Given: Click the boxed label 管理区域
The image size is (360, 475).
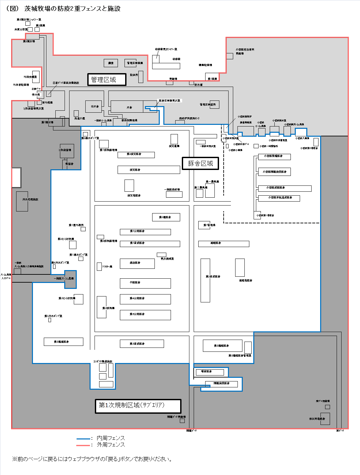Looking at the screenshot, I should (x=107, y=79).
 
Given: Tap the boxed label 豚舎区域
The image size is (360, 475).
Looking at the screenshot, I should (x=200, y=163).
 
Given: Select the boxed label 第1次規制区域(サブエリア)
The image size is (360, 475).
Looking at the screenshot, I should (x=138, y=406).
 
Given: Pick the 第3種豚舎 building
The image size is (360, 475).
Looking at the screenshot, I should (x=166, y=217).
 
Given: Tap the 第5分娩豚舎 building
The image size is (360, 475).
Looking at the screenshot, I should (x=145, y=315).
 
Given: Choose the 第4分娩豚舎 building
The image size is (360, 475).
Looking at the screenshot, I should (x=145, y=299).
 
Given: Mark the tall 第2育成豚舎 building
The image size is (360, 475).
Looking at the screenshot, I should (x=205, y=280).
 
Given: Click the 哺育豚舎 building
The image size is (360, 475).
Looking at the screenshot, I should (x=210, y=372).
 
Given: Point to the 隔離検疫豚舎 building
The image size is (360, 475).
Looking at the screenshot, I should (x=221, y=384).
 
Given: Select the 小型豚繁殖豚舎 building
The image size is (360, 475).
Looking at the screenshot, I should (x=274, y=156).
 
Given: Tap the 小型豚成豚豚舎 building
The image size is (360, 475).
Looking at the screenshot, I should (x=285, y=188).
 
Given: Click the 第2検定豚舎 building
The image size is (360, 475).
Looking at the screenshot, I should (x=136, y=154).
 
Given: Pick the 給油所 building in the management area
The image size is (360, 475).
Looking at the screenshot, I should (x=141, y=76).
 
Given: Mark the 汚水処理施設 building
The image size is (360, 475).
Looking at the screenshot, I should (x=22, y=201).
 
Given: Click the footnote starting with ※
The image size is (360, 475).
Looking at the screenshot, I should (x=92, y=459).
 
